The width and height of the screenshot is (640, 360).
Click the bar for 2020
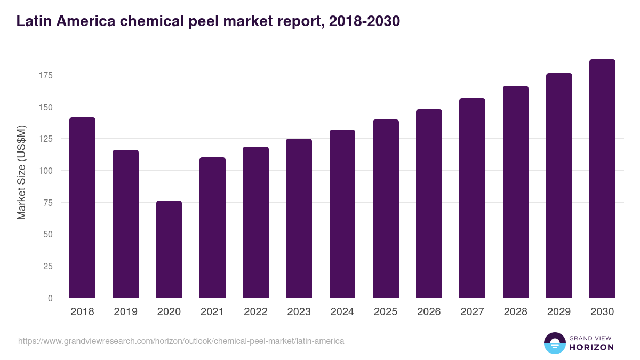click(x=169, y=249)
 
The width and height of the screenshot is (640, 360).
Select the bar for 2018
click(x=82, y=207)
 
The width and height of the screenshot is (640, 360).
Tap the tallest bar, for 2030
click(x=602, y=179)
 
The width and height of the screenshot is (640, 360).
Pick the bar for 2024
click(x=342, y=213)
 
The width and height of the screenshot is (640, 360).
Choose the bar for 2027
click(x=472, y=198)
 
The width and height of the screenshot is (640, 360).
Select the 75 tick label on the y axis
click(x=47, y=203)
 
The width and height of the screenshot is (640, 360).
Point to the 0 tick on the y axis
click(x=50, y=298)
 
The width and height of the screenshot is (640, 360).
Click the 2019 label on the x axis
click(x=125, y=312)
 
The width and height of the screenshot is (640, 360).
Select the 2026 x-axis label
click(x=429, y=312)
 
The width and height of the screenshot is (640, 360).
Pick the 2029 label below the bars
click(x=559, y=312)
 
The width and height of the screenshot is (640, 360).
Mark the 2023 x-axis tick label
click(x=299, y=312)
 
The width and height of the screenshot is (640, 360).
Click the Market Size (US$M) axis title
click(x=21, y=172)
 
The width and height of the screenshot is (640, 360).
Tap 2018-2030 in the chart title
click(x=365, y=21)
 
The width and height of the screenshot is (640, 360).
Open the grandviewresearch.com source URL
click(x=181, y=341)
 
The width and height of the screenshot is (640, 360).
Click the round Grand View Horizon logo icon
click(x=555, y=343)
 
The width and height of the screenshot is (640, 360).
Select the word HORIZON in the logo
click(x=591, y=347)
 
